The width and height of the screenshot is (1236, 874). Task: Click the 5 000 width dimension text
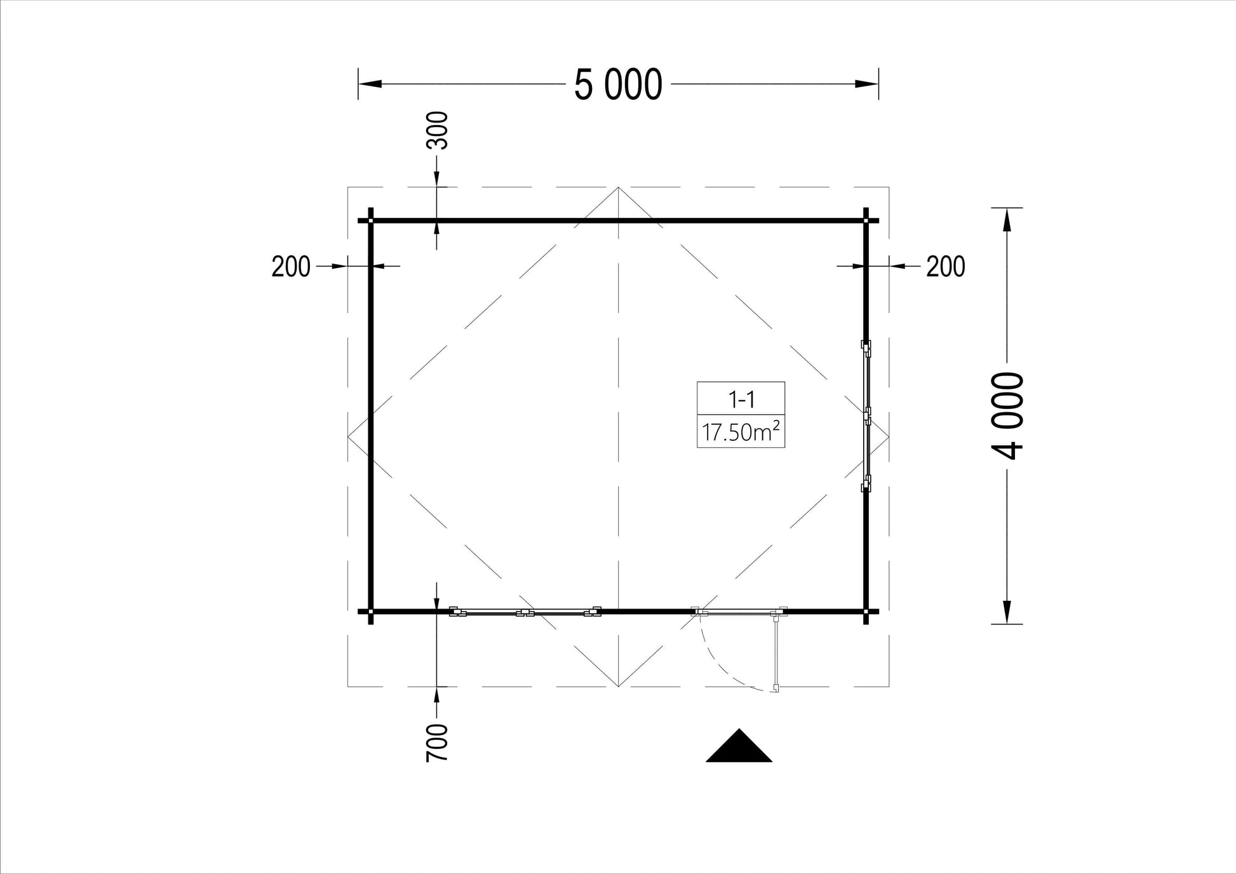click(618, 84)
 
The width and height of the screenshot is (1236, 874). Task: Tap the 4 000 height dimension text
click(1007, 416)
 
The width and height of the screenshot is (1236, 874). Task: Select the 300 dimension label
click(437, 130)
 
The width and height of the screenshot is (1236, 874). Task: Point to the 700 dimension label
click(437, 743)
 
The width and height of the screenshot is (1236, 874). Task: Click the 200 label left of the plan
click(291, 267)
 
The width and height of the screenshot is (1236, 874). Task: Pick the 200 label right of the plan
click(946, 267)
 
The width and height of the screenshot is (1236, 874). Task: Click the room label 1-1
click(741, 400)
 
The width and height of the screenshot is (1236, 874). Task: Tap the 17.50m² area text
click(741, 432)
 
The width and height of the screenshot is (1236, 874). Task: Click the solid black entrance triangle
click(739, 745)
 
